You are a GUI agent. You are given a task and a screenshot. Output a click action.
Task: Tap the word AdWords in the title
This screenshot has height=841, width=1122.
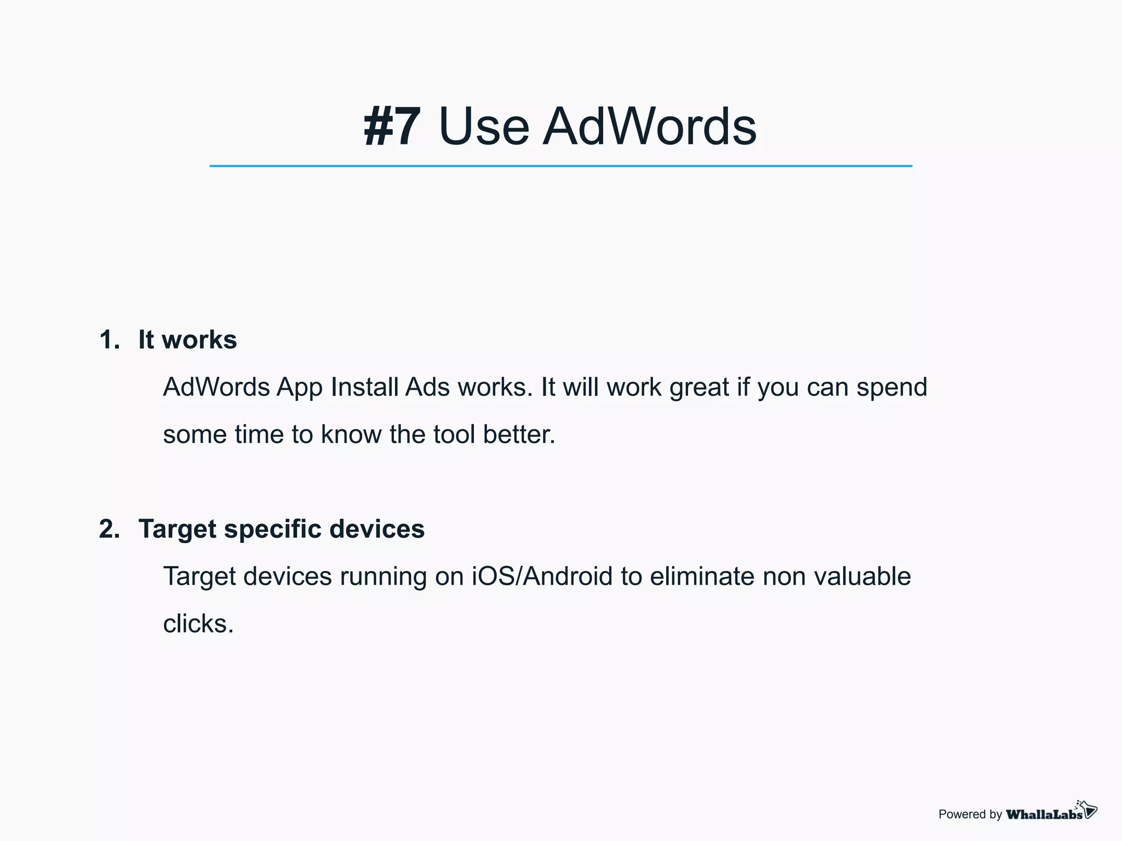649,126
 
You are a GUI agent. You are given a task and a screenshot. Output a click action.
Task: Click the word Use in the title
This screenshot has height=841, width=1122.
484,126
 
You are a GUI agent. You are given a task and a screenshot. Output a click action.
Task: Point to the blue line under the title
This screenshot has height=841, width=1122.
560,166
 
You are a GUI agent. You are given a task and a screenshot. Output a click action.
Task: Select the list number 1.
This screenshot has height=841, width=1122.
109,339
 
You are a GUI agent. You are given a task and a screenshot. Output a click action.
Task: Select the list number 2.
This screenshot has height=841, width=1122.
109,529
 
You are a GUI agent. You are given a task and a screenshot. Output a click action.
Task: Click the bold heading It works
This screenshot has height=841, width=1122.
187,339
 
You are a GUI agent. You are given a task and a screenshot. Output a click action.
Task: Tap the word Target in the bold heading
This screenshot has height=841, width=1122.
178,529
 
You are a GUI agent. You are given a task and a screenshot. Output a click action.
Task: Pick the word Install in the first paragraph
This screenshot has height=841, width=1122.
364,387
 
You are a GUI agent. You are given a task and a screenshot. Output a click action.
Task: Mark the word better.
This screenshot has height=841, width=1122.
519,435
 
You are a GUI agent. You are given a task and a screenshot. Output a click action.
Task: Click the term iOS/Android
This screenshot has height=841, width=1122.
542,577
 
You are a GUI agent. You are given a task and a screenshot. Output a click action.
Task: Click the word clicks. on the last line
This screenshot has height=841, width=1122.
198,624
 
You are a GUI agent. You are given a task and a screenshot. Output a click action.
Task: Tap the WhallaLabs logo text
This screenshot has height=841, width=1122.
1044,814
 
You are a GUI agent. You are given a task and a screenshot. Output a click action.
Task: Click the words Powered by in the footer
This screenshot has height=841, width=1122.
970,814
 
